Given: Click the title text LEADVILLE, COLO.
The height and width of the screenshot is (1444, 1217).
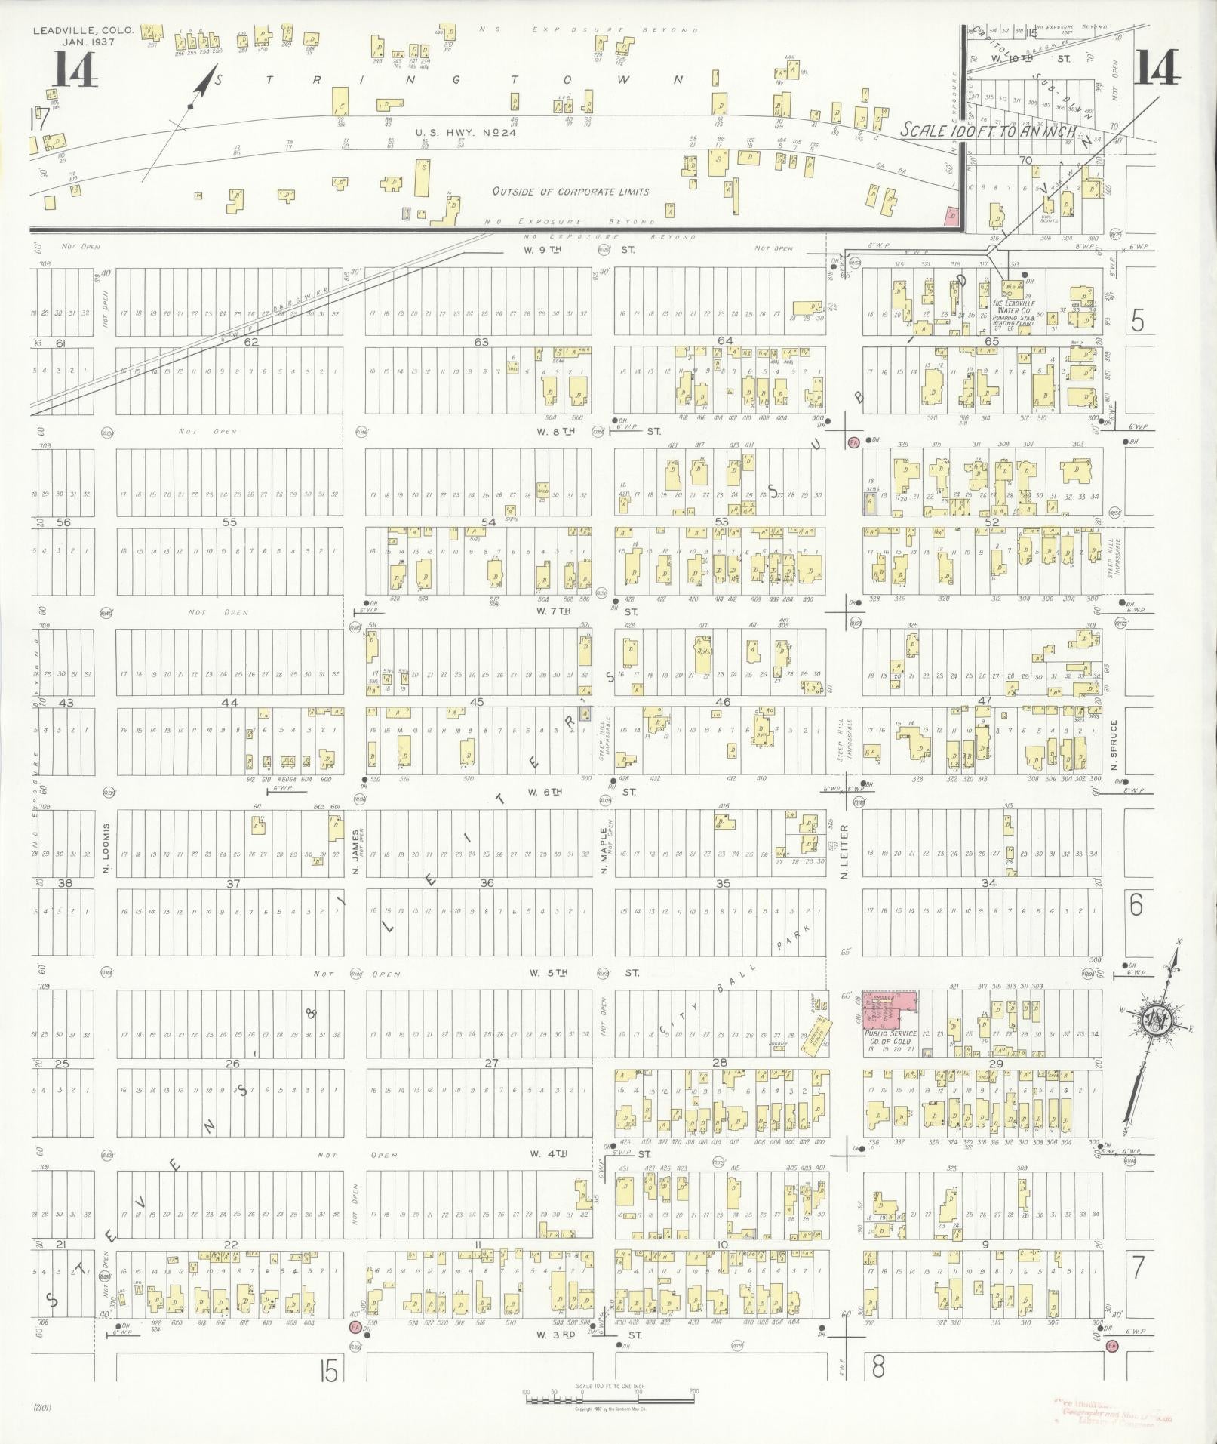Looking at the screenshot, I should (83, 31).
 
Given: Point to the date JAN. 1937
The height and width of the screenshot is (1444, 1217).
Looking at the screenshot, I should (83, 42).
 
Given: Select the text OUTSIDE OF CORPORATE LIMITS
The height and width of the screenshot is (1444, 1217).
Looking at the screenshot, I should (570, 192).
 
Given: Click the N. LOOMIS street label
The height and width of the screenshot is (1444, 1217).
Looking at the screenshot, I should (107, 848).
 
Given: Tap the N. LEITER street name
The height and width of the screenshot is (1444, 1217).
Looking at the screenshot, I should (845, 851).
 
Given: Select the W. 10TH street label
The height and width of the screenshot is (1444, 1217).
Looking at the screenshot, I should (1031, 57).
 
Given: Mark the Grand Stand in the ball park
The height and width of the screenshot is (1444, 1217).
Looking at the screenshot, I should (816, 1031).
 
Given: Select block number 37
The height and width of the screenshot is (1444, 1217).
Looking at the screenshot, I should (233, 884).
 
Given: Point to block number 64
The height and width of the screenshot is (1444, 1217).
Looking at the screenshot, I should (724, 341).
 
